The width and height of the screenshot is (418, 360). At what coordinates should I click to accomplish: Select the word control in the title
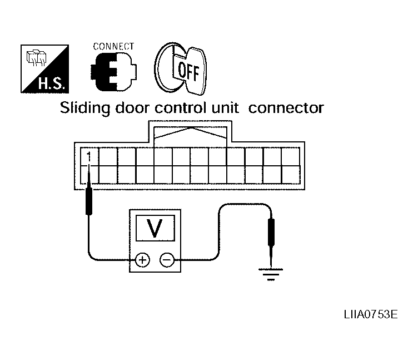[x=177, y=108]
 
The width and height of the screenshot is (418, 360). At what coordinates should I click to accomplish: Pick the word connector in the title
[x=286, y=108]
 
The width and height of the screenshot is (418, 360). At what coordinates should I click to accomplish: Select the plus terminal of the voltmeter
[x=142, y=259]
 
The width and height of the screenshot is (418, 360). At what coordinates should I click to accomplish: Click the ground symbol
[x=270, y=274]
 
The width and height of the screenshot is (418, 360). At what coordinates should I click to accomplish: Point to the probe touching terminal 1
[x=89, y=200]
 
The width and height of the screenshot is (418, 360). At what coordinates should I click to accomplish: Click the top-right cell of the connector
[x=291, y=156]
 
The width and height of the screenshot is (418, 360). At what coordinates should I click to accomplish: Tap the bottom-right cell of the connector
[x=291, y=173]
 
